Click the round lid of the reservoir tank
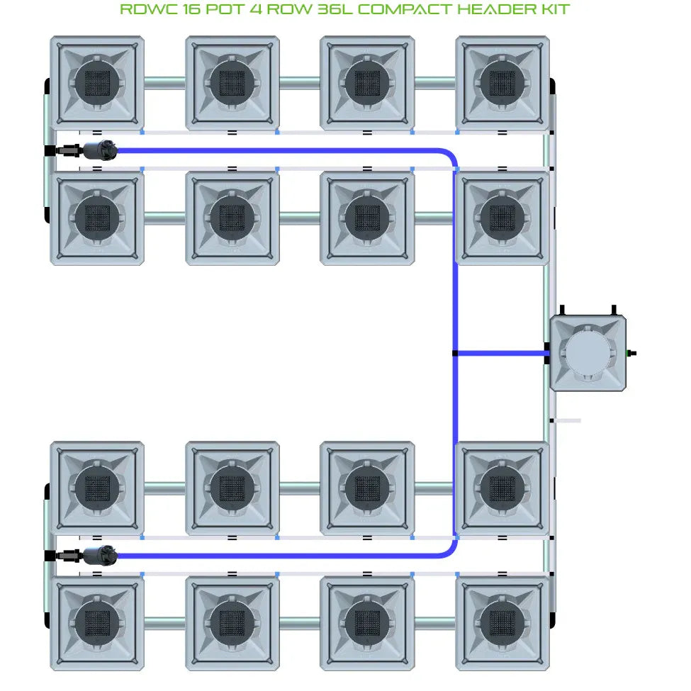pos(588,353)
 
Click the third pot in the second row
pos(367,218)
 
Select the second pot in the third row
pos(232,488)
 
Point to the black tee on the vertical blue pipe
pos(455,353)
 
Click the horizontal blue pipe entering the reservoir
pos(500,353)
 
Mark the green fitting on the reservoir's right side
pos(631,353)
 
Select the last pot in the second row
pos(502,218)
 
